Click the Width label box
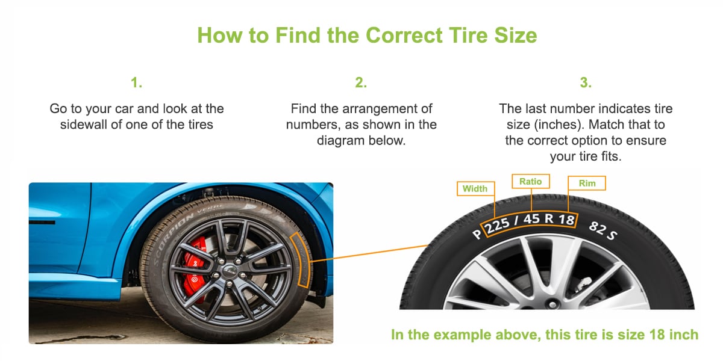click(476, 188)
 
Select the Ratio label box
click(531, 182)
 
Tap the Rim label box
click(586, 183)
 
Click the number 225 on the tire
click(498, 225)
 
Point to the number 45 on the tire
click(531, 219)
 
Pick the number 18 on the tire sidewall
click(566, 220)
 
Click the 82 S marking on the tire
click(603, 231)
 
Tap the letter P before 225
click(477, 233)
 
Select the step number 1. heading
click(137, 82)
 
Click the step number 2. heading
click(361, 82)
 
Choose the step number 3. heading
click(586, 82)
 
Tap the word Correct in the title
click(404, 35)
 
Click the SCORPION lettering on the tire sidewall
click(173, 238)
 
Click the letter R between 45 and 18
click(549, 218)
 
